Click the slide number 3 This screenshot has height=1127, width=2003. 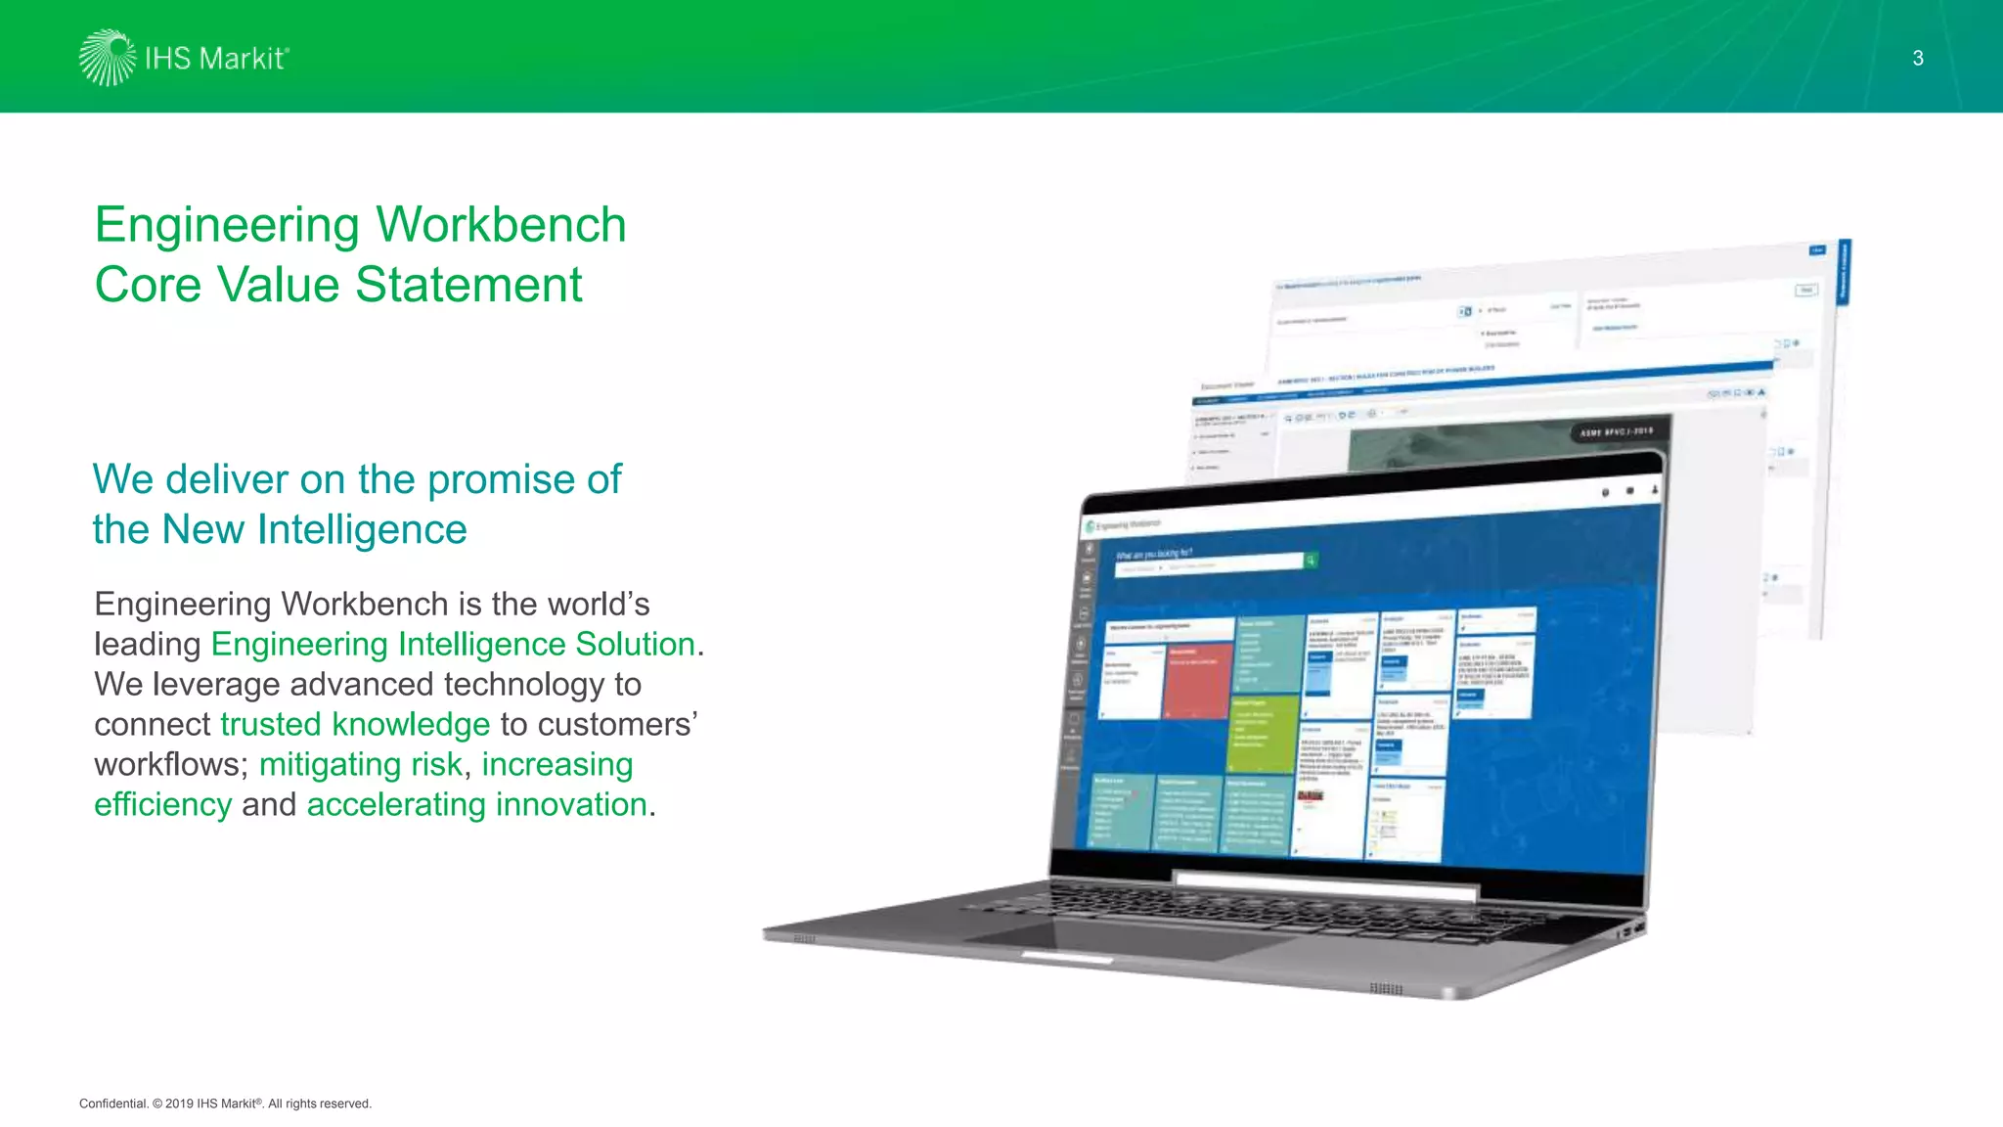1918,59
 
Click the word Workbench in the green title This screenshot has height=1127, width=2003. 501,225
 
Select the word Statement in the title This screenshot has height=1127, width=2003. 468,285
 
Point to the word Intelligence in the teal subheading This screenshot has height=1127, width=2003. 362,529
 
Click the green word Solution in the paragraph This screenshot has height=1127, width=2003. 635,644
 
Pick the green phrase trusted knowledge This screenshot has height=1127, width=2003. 355,724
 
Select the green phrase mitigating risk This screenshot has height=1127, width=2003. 360,764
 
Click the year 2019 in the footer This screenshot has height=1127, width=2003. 179,1104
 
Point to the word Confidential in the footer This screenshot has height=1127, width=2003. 112,1104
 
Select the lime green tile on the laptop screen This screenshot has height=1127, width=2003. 1263,734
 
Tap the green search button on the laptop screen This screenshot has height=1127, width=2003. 1311,560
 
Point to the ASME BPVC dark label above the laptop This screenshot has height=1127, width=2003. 1617,431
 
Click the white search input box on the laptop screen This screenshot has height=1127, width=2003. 1209,564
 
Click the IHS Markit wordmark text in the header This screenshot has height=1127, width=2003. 216,59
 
